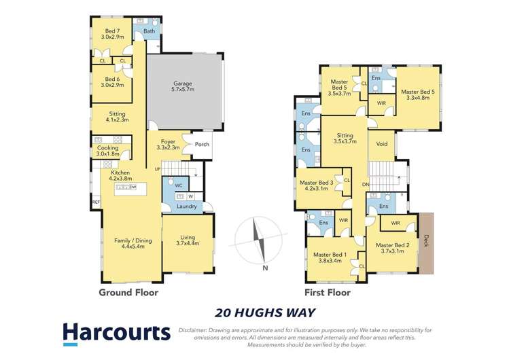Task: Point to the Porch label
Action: click(202, 143)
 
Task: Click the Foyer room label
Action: click(168, 144)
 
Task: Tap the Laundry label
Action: click(186, 206)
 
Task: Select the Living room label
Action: click(188, 239)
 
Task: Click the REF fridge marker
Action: click(95, 202)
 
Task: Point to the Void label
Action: click(381, 144)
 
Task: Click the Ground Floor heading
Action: click(128, 293)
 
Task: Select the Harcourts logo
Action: click(116, 334)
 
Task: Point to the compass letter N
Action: click(265, 267)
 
